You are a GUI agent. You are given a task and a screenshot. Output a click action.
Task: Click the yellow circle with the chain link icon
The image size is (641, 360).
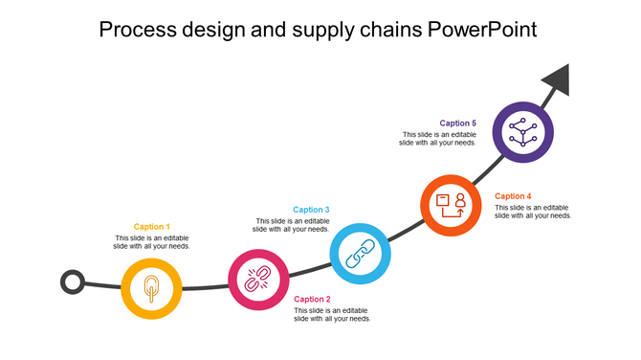152,287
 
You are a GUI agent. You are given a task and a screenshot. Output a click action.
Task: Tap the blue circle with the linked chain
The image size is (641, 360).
360,253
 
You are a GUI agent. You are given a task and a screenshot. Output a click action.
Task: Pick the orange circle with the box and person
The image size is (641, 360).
451,206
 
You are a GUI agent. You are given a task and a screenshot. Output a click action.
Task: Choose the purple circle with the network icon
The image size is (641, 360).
522,131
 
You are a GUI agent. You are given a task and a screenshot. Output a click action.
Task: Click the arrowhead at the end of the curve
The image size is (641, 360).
557,80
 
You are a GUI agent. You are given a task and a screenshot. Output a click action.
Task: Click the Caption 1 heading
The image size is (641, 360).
152,227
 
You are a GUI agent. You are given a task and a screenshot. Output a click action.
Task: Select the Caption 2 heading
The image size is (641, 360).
312,299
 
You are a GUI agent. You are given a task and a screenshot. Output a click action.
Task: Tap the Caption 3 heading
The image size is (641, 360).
311,210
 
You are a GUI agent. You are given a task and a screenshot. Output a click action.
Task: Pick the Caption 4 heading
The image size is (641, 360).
513,196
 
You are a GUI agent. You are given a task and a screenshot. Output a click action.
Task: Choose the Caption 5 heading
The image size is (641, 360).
457,124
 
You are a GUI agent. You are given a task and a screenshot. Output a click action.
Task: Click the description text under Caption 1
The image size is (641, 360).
152,242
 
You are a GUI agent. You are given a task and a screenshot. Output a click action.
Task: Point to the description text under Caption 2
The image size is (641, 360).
332,314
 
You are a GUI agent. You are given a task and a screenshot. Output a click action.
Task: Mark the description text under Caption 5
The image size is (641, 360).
437,139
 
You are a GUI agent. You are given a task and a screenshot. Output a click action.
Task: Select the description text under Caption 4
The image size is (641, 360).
533,212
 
